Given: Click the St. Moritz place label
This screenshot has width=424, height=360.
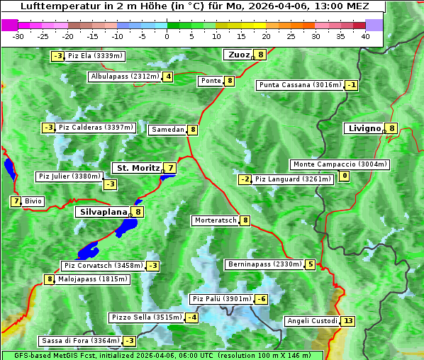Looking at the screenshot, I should [x=137, y=168].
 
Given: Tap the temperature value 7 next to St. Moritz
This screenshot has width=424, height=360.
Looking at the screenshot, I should [x=170, y=168].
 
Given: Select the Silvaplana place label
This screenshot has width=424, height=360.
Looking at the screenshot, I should [x=103, y=212].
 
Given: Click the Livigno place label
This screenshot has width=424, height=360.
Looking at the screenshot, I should [x=364, y=128].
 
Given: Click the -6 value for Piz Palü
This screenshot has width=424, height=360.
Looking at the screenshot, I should [x=262, y=299].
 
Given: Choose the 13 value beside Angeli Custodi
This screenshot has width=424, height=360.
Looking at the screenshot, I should [x=347, y=321].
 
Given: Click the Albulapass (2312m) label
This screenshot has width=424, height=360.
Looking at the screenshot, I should [x=124, y=77].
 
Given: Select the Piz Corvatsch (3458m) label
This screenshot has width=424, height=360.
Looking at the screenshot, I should [x=104, y=266].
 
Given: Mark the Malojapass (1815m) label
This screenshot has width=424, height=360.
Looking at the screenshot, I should [x=92, y=279].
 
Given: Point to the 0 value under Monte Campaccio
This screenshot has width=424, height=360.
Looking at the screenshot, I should [x=345, y=176].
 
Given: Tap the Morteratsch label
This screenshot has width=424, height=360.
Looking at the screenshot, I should [x=216, y=220].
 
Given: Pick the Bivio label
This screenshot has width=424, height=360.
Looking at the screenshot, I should [x=33, y=201].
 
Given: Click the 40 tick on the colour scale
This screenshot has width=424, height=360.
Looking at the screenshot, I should [x=365, y=36].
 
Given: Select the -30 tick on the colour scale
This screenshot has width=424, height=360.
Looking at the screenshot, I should [x=19, y=36].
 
